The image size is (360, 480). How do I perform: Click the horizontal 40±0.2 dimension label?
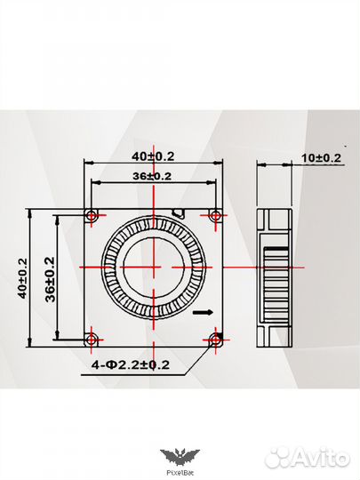point(152,156)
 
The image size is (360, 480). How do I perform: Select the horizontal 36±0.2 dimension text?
point(152,176)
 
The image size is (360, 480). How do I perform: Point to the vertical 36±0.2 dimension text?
point(49,277)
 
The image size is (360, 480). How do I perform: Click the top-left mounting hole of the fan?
point(91,215)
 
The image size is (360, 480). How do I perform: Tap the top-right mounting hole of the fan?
point(214,215)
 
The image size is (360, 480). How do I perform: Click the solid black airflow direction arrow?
point(203,312)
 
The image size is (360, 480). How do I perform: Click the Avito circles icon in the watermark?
point(278,457)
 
